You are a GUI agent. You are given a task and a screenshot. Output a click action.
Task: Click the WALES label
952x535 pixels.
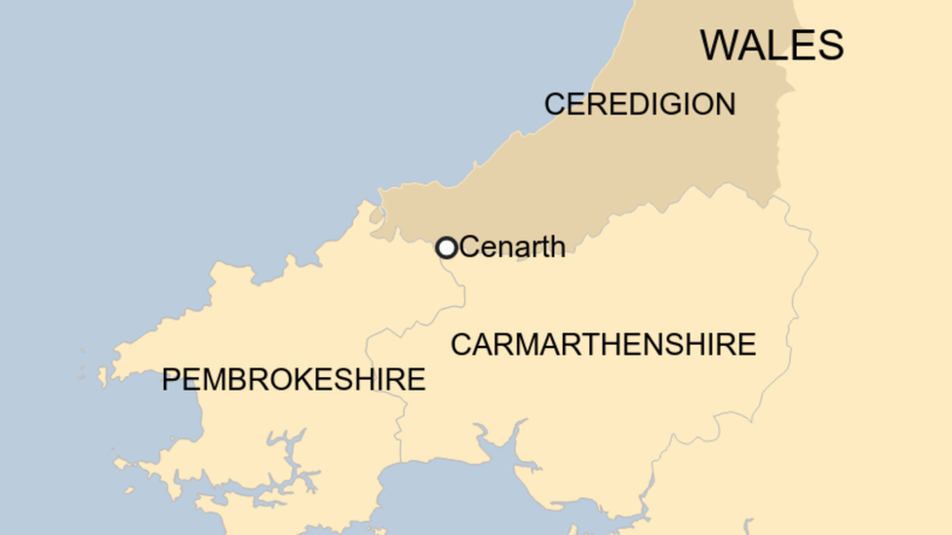pyautogui.click(x=772, y=46)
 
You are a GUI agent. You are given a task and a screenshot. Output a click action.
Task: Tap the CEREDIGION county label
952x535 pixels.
pyautogui.click(x=640, y=104)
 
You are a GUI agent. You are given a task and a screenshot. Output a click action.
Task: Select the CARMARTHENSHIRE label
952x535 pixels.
pyautogui.click(x=603, y=344)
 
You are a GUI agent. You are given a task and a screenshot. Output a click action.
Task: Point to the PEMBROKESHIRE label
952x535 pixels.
pyautogui.click(x=294, y=379)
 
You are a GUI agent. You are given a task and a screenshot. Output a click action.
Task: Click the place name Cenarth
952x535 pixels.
pyautogui.click(x=512, y=248)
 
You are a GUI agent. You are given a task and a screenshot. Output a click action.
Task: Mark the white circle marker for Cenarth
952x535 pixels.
pyautogui.click(x=446, y=248)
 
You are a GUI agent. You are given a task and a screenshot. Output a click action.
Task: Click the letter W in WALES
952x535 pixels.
pyautogui.click(x=719, y=46)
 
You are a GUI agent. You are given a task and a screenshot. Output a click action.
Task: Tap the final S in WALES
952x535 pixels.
pyautogui.click(x=831, y=46)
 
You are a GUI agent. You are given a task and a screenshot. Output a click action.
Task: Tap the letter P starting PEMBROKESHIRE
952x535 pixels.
pyautogui.click(x=172, y=379)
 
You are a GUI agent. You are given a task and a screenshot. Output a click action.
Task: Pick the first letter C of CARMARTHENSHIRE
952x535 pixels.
pyautogui.click(x=460, y=344)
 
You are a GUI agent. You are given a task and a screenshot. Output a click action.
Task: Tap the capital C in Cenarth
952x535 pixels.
pyautogui.click(x=469, y=248)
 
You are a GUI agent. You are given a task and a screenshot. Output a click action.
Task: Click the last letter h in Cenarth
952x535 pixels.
pyautogui.click(x=557, y=248)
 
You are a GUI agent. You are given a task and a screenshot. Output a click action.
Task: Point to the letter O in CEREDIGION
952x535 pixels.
pyautogui.click(x=701, y=104)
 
